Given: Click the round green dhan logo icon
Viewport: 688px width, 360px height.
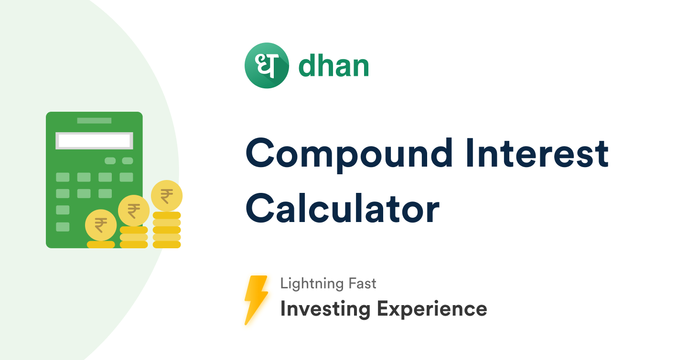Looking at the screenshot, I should pos(267,65).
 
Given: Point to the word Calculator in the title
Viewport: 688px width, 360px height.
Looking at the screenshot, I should pos(343,208).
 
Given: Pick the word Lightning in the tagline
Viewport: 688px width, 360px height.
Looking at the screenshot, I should pos(309,284).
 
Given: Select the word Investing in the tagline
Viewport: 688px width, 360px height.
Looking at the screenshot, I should pos(325,309).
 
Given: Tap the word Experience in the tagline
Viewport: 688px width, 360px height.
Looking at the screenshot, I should pos(432,309).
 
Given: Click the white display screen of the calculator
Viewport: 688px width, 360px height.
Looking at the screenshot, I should pos(94,141).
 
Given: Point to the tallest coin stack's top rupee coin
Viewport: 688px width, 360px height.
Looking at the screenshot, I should pos(167,196).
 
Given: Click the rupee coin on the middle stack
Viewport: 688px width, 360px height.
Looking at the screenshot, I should pos(134,211).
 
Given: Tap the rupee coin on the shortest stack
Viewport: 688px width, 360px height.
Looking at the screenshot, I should pos(101,225).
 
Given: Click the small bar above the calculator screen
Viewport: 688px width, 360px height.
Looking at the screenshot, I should pos(94,121).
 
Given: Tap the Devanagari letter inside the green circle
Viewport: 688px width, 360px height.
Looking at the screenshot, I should pos(265,65).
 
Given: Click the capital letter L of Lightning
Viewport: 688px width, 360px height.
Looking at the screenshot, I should pos(284,284).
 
